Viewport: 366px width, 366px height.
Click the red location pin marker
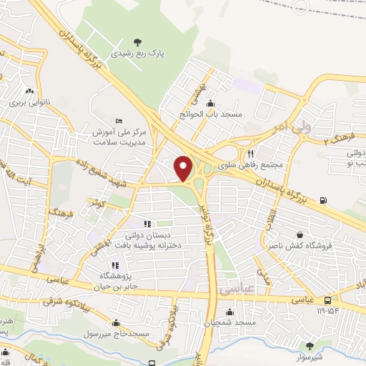pyautogui.click(x=184, y=168)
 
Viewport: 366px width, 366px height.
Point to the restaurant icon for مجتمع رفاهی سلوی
pyautogui.click(x=250, y=153)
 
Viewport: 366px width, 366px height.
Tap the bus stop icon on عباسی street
pyautogui.click(x=327, y=300)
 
